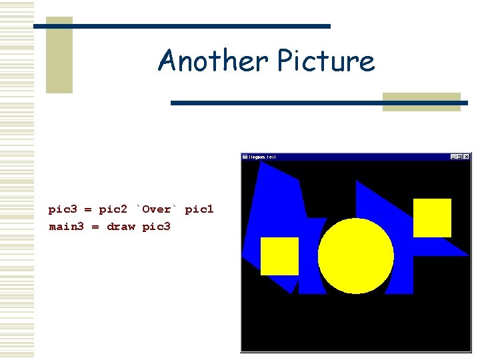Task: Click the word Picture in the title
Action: [x=325, y=61]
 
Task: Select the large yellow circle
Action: [x=355, y=255]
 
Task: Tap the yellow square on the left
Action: [x=279, y=256]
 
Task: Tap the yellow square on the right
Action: [x=432, y=217]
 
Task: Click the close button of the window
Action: [x=467, y=157]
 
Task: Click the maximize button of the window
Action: [x=460, y=157]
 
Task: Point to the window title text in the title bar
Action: [x=263, y=157]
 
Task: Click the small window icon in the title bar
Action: [x=245, y=157]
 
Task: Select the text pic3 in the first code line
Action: [x=62, y=209]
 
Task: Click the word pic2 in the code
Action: [x=113, y=209]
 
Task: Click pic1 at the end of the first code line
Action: [x=199, y=209]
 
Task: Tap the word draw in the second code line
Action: [x=121, y=227]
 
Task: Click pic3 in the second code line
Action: [x=157, y=227]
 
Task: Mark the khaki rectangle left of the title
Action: [x=59, y=55]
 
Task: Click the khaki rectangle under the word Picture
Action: [x=421, y=102]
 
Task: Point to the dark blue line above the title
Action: [x=181, y=26]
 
